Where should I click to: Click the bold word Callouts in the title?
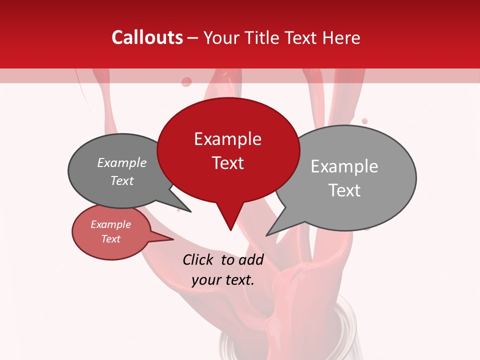click(147, 37)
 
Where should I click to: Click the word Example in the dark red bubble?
click(227, 139)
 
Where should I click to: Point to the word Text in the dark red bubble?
click(227, 163)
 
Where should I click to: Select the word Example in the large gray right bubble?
click(344, 166)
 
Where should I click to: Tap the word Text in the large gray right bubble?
click(344, 190)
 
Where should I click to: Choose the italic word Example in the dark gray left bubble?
click(121, 163)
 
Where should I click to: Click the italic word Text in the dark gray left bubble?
click(121, 181)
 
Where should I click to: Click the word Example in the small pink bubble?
click(110, 224)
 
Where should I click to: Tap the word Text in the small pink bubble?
click(110, 239)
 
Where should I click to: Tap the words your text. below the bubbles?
click(222, 280)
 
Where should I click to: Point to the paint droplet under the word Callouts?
click(186, 81)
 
